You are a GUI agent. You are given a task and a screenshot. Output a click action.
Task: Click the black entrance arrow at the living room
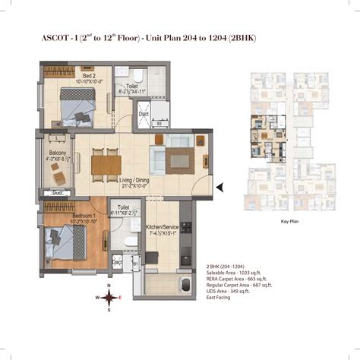(x=219, y=186)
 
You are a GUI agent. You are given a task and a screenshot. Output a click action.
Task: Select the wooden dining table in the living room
(x=104, y=163)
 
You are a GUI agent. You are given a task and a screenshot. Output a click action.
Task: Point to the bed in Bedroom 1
(x=67, y=242)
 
